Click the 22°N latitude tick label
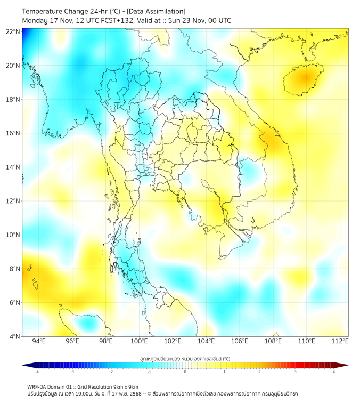click(13, 32)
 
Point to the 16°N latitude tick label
click(13, 133)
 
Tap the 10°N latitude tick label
click(13, 235)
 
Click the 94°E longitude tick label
click(39, 342)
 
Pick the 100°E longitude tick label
click(139, 342)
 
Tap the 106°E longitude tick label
click(240, 342)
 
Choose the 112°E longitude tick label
click(340, 342)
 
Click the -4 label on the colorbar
click(37, 372)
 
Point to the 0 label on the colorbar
click(185, 372)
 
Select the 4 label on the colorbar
click(333, 372)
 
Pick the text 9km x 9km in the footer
click(126, 386)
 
